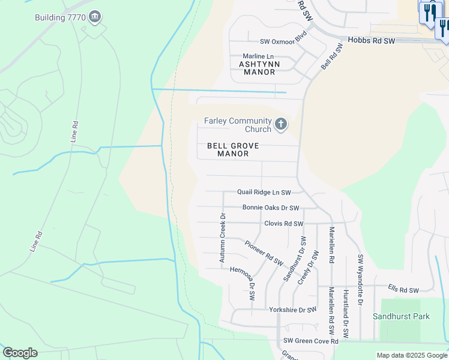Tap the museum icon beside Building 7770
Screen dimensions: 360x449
pyautogui.click(x=94, y=17)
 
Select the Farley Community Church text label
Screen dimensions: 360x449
pyautogui.click(x=238, y=125)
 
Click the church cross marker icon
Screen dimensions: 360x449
pyautogui.click(x=280, y=125)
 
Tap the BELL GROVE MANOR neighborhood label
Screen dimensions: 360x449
pyautogui.click(x=233, y=149)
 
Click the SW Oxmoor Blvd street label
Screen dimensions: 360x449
pyautogui.click(x=283, y=41)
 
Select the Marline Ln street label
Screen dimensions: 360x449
pyautogui.click(x=258, y=56)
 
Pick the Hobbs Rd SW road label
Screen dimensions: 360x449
pyautogui.click(x=372, y=41)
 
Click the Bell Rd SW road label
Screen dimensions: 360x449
pyautogui.click(x=331, y=56)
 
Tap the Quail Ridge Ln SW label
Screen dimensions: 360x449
pyautogui.click(x=264, y=193)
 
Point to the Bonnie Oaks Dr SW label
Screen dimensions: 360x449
pyautogui.click(x=271, y=208)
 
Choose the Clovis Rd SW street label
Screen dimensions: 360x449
pyautogui.click(x=284, y=224)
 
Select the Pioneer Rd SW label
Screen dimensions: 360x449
pyautogui.click(x=264, y=253)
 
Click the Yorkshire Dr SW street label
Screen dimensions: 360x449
pyautogui.click(x=292, y=310)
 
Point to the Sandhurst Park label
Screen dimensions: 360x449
pyautogui.click(x=401, y=316)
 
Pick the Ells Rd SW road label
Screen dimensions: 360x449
pyautogui.click(x=403, y=290)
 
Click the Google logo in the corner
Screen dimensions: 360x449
pyautogui.click(x=20, y=352)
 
